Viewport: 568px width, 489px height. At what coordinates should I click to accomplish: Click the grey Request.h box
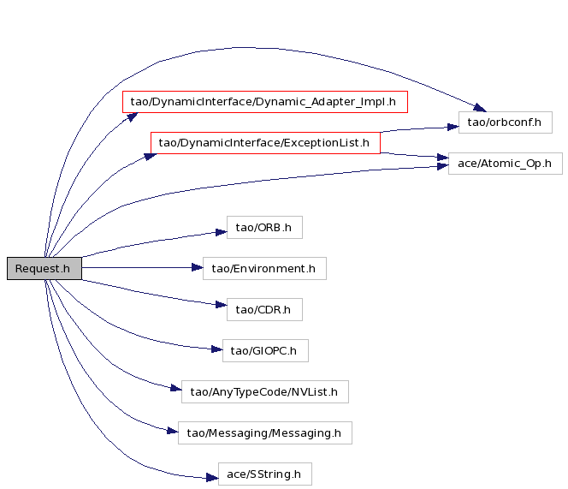44,268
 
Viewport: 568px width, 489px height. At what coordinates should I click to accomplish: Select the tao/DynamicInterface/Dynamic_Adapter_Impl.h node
265,102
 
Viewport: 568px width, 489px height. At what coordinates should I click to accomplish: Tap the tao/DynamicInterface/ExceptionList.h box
265,143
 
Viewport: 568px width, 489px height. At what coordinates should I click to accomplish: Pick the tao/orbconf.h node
506,122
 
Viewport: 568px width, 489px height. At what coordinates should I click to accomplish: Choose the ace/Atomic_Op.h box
506,164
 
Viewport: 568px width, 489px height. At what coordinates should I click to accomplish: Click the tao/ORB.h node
264,228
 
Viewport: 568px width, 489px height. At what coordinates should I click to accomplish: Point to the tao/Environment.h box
264,268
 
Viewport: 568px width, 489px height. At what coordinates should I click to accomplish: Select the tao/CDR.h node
264,309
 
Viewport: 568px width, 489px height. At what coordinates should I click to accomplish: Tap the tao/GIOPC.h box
265,351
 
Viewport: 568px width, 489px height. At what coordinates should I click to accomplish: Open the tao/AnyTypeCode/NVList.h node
265,391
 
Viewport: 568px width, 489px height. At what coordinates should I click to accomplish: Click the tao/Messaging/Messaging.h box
265,432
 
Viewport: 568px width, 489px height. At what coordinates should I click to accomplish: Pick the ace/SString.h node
265,474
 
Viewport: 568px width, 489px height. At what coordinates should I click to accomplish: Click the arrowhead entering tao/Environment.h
198,268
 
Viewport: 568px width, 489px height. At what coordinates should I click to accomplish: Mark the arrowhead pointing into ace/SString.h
213,477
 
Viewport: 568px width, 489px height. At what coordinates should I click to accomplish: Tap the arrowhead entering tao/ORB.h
222,232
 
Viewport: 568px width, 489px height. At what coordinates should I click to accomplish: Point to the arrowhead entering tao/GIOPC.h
217,349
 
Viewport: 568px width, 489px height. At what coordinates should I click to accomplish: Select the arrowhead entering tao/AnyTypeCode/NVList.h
176,389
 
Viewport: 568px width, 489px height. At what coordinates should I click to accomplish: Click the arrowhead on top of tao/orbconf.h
480,107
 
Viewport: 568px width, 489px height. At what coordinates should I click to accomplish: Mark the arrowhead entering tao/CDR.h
222,305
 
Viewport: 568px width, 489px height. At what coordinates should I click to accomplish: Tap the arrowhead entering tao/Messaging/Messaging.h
173,431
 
